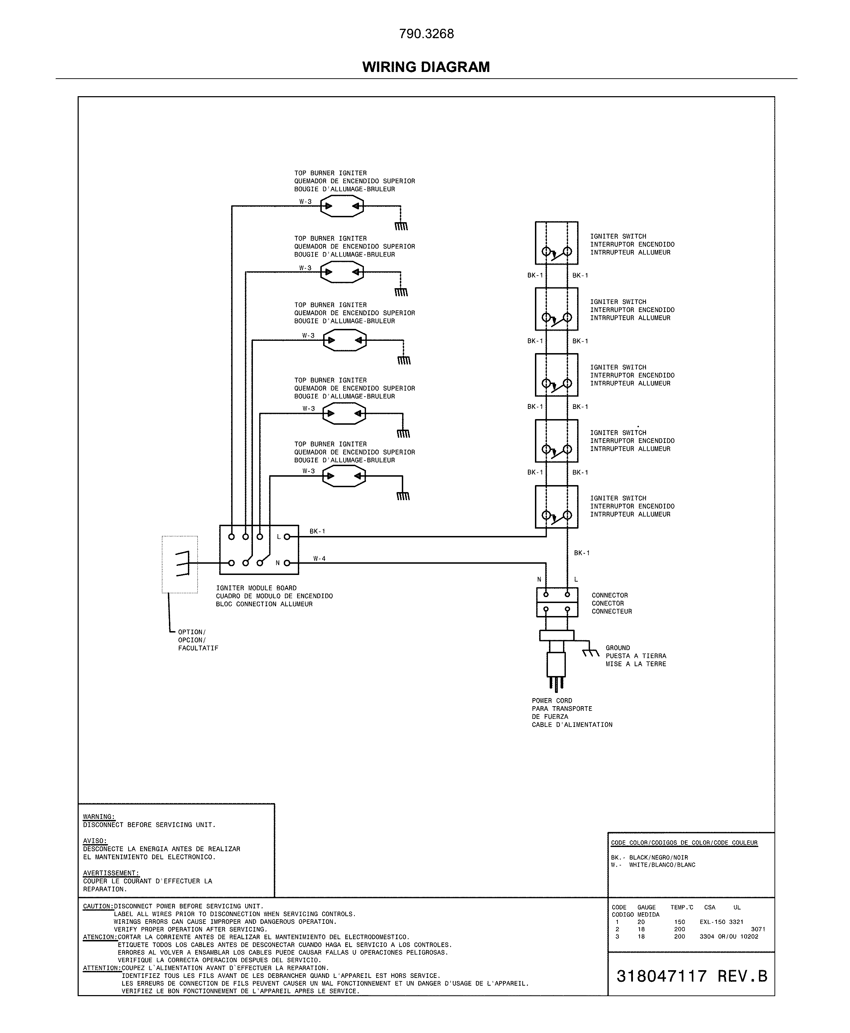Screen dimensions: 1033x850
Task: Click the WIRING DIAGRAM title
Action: click(x=425, y=67)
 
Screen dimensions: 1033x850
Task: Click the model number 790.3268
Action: click(x=426, y=34)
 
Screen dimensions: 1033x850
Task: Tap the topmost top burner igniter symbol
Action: click(x=342, y=206)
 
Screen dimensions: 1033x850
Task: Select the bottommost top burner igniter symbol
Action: click(x=344, y=476)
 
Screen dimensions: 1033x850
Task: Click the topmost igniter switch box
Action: click(x=556, y=243)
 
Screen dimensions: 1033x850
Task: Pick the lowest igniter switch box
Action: click(x=556, y=506)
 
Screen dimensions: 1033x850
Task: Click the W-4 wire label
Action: click(x=319, y=558)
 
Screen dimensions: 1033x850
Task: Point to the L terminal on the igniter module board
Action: click(x=287, y=537)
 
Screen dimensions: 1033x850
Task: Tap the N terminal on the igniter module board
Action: click(x=287, y=563)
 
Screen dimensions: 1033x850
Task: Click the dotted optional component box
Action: click(x=180, y=564)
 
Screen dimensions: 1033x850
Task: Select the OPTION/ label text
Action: click(x=191, y=632)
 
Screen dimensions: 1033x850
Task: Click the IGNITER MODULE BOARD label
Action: click(x=256, y=588)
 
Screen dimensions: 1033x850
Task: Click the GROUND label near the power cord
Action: click(x=617, y=648)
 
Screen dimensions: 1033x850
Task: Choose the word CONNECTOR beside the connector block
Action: click(x=610, y=596)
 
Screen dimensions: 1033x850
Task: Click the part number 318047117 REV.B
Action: click(x=691, y=976)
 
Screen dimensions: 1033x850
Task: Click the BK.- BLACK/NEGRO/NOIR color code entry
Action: click(x=649, y=857)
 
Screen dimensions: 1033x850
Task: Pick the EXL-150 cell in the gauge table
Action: click(x=712, y=922)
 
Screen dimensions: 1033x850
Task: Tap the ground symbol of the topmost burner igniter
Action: click(x=401, y=226)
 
